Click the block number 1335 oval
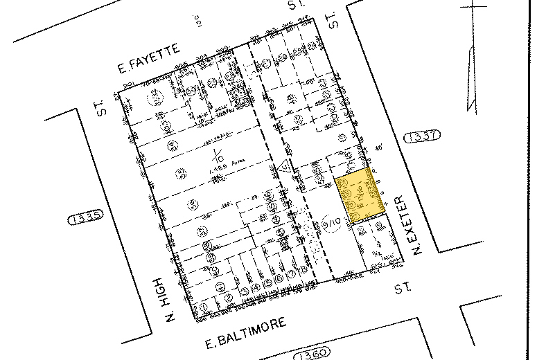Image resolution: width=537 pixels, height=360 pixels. click(x=85, y=217)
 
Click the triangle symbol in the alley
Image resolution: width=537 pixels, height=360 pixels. click(x=283, y=167)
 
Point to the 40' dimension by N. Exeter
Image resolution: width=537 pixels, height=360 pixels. click(x=380, y=147)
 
